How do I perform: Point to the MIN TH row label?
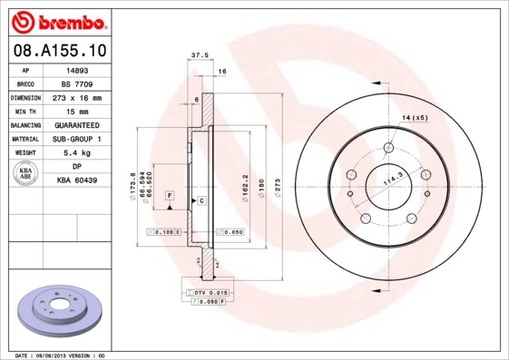[26, 111]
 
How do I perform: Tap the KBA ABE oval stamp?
[26, 173]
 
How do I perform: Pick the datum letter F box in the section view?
[169, 196]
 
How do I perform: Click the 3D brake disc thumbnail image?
[61, 311]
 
